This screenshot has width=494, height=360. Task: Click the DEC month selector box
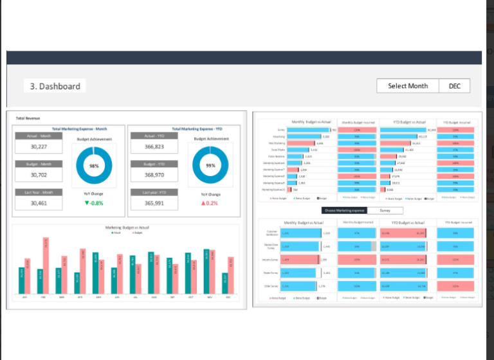click(x=455, y=86)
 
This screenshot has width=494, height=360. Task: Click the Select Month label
click(x=408, y=86)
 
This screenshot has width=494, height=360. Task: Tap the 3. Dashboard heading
click(x=55, y=86)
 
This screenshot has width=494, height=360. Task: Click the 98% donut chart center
click(x=94, y=165)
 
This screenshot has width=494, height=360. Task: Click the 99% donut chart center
click(x=209, y=165)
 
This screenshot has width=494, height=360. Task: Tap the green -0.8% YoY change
click(x=94, y=203)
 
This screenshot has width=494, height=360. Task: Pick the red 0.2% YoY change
click(x=209, y=203)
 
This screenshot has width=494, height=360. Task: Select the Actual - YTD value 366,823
click(x=154, y=147)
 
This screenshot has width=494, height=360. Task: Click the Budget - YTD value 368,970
click(x=154, y=175)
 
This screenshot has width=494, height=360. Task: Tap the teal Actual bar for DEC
click(x=224, y=283)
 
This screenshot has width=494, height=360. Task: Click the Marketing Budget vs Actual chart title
click(x=127, y=228)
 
